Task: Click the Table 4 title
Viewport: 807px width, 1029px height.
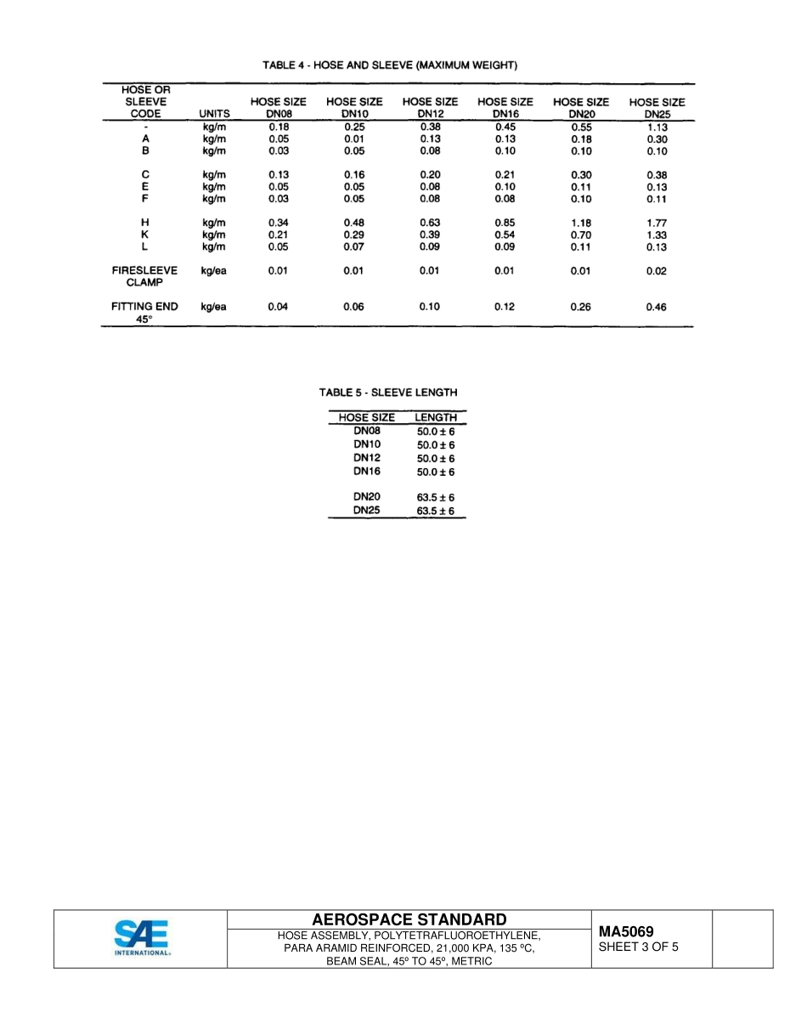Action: pos(390,65)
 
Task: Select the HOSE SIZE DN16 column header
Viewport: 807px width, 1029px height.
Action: pos(505,107)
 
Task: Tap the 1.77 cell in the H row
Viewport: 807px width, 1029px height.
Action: pos(657,223)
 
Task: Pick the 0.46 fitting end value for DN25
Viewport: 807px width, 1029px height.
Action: pos(657,308)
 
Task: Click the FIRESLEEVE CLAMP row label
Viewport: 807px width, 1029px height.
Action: pos(144,277)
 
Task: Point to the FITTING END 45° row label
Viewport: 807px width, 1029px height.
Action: pos(144,314)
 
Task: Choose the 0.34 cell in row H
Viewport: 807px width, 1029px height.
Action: pos(279,223)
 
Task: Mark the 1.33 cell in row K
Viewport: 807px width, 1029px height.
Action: pos(657,235)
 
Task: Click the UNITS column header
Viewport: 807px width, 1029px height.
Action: pos(214,113)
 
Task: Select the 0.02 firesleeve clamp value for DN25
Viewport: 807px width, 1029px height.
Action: pos(657,272)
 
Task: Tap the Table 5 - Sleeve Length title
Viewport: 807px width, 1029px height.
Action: pos(388,393)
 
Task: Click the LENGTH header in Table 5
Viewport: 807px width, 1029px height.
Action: pos(436,418)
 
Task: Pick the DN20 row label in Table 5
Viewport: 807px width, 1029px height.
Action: pos(367,496)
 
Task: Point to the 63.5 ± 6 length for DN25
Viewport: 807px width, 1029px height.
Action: pos(436,512)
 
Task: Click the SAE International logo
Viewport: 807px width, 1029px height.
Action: pos(142,938)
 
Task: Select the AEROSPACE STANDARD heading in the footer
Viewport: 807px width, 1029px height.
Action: pos(409,919)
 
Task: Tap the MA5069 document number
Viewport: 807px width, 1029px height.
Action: pos(626,931)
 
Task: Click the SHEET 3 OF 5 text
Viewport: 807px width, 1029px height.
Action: pos(639,947)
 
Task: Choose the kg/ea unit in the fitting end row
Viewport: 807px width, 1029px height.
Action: pos(214,308)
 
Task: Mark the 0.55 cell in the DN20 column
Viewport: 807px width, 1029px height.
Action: pos(581,127)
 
